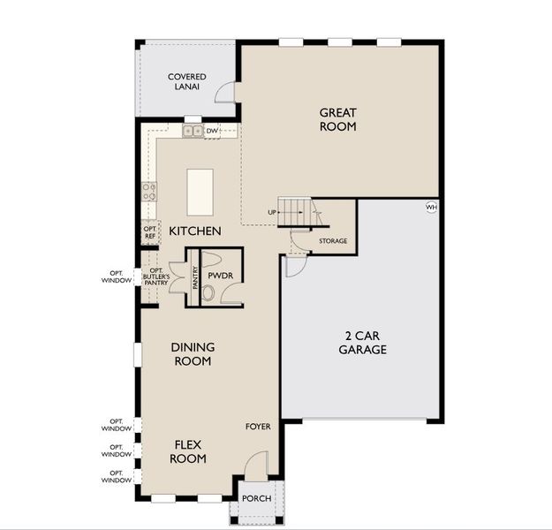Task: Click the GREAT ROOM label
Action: point(338,119)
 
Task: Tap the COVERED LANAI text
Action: point(186,82)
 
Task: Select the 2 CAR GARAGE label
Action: point(362,343)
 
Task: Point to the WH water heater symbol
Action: point(431,208)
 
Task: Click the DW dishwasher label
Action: point(212,132)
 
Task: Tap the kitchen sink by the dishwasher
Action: point(192,132)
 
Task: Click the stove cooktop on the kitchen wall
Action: point(149,190)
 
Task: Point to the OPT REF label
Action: point(149,231)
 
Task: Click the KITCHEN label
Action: point(195,231)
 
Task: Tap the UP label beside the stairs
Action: point(272,213)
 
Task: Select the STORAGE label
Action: point(333,241)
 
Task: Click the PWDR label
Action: point(220,276)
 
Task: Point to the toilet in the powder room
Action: point(208,292)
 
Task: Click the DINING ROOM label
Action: point(193,354)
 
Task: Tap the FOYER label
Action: point(258,427)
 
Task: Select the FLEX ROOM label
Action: point(189,451)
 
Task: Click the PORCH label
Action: point(257,499)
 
